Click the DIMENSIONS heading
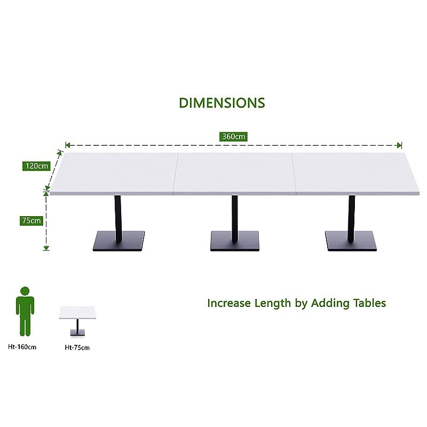pyautogui.click(x=222, y=102)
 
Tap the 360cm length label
pyautogui.click(x=233, y=137)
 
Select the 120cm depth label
pyautogui.click(x=36, y=166)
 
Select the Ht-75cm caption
pyautogui.click(x=77, y=347)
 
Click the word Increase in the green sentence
pyautogui.click(x=229, y=303)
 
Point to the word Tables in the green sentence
pyautogui.click(x=369, y=303)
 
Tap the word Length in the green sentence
pyautogui.click(x=273, y=303)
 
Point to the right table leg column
pyautogui.click(x=351, y=213)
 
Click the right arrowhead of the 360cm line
pyautogui.click(x=400, y=145)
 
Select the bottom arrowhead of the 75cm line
pyautogui.click(x=46, y=247)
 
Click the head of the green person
pyautogui.click(x=25, y=291)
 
